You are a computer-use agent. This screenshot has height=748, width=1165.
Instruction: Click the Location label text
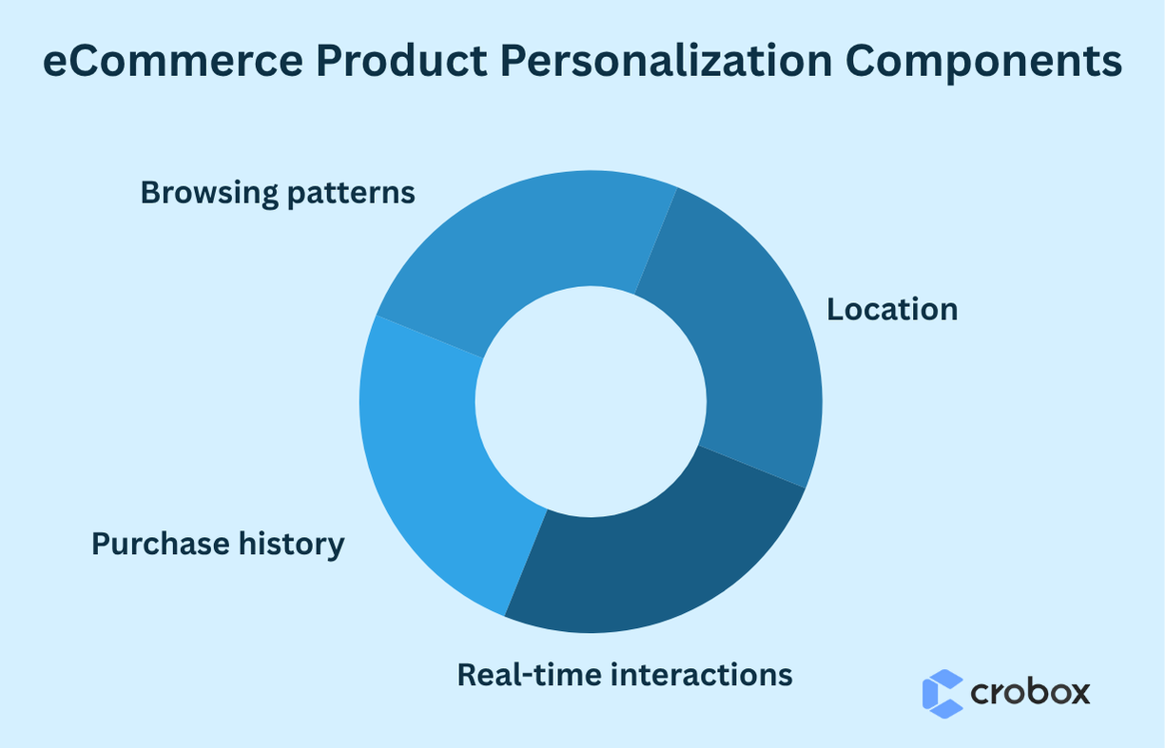pos(892,309)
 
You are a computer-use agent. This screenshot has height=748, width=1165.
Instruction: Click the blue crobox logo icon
pos(942,693)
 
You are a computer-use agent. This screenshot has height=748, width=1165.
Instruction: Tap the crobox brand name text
pos(1030,693)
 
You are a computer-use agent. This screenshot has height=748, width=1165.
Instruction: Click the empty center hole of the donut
pos(591,401)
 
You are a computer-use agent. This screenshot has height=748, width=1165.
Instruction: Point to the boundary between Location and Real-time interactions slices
pos(751,466)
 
